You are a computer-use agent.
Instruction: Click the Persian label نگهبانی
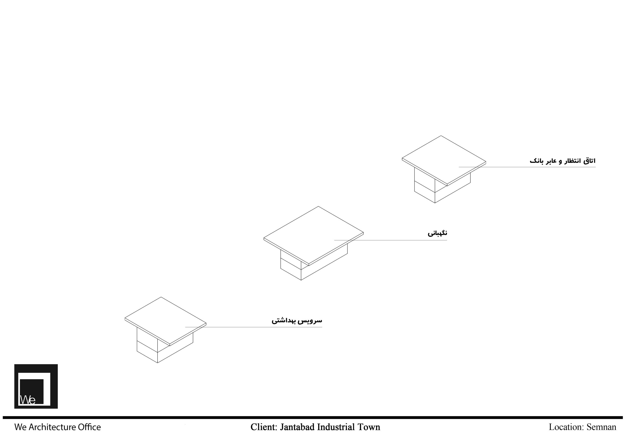click(x=437, y=233)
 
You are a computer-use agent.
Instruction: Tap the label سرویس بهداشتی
click(x=297, y=321)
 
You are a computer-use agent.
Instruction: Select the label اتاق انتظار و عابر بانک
click(x=563, y=161)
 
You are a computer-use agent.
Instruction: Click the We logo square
click(x=36, y=386)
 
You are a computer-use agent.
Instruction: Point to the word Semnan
click(x=602, y=427)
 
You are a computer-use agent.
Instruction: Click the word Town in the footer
click(x=369, y=427)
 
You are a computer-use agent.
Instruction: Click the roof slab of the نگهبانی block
click(x=313, y=236)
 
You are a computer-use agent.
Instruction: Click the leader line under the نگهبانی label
click(x=391, y=240)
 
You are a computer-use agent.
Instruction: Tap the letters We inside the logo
click(x=28, y=400)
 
